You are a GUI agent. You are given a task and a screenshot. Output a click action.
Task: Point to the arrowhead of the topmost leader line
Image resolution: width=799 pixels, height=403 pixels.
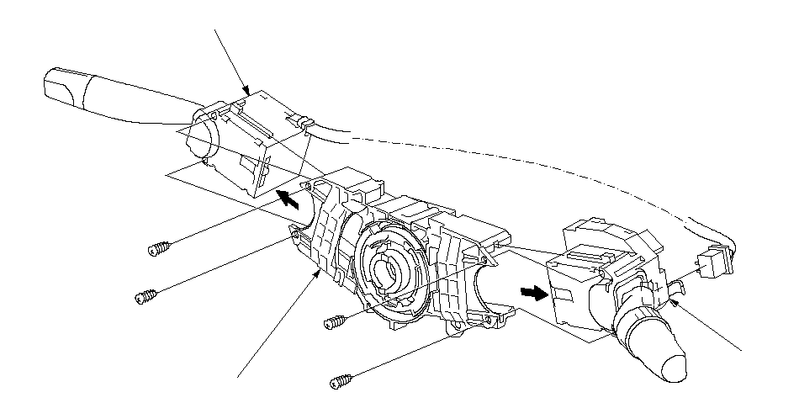[x=246, y=90]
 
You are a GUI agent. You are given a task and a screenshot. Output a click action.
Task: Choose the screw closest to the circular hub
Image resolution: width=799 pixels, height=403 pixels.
[x=334, y=321]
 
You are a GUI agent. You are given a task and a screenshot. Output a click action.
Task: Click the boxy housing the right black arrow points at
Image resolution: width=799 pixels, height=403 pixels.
[x=572, y=290]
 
